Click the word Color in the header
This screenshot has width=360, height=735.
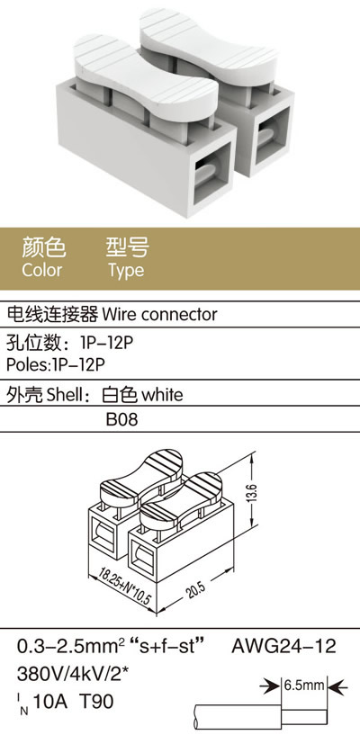[x=41, y=270]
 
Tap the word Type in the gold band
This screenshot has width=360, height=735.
[x=126, y=271]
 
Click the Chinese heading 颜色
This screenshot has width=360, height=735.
[x=43, y=247]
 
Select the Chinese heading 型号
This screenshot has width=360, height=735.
[x=127, y=247]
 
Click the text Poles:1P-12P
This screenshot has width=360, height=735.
[x=54, y=364]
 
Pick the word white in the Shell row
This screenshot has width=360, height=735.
[x=162, y=395]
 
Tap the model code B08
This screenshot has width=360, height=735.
[x=121, y=419]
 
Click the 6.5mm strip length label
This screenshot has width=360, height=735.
[x=304, y=686]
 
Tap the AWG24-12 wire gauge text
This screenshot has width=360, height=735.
[x=284, y=647]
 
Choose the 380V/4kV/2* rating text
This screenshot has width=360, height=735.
[x=73, y=675]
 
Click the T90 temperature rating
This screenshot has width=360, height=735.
[x=96, y=702]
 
